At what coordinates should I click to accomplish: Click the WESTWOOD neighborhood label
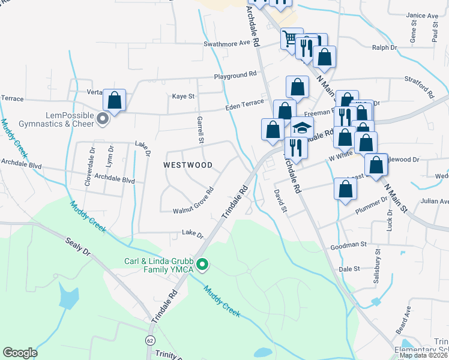tap(188, 164)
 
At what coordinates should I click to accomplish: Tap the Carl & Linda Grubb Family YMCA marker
tap(203, 263)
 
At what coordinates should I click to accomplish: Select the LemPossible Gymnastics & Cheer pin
tap(103, 119)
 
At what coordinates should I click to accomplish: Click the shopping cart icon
tap(291, 39)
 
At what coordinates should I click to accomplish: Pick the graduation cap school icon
tap(303, 128)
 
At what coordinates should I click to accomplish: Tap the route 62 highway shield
tap(149, 340)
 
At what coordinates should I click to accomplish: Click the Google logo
tap(20, 353)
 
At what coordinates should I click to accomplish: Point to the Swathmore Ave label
tap(226, 43)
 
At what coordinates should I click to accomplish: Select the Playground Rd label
tap(236, 75)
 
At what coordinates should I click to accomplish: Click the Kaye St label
tap(184, 96)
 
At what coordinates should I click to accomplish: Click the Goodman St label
tap(348, 245)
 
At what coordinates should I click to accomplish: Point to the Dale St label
tap(349, 269)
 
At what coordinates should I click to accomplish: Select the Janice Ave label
tap(422, 16)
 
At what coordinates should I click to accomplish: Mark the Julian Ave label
tap(434, 201)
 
